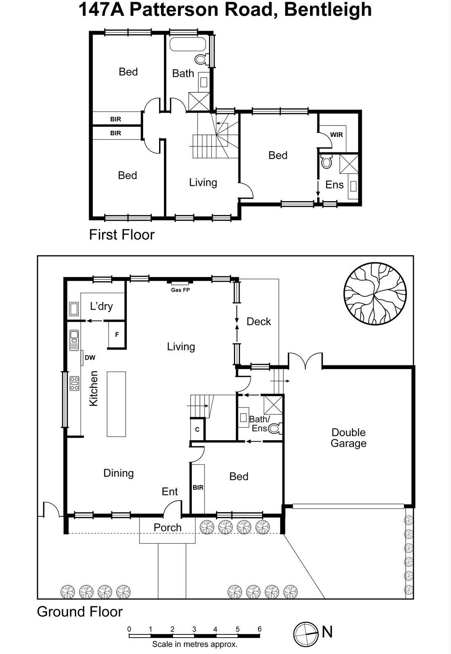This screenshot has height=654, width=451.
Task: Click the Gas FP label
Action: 180,290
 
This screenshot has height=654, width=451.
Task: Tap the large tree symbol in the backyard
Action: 375,293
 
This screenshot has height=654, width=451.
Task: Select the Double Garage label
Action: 348,438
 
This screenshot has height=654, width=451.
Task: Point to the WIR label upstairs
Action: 336,134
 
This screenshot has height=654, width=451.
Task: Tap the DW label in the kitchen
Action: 90,358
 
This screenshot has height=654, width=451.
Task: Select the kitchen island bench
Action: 116,404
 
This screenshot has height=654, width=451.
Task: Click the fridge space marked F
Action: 117,335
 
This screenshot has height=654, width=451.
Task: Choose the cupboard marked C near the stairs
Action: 197,430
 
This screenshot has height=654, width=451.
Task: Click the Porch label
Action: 167,528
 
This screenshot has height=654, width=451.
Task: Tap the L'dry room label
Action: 101,306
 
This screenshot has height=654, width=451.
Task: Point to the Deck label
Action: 258,322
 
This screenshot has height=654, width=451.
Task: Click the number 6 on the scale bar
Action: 259,629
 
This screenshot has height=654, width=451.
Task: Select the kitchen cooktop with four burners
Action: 74,383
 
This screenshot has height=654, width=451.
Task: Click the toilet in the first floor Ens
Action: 326,162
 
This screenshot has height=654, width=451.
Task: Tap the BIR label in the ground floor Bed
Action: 198,488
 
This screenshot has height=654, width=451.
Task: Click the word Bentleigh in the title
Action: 328,9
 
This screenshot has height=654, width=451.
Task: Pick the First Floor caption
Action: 122,235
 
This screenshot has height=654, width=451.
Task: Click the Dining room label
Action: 118,473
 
